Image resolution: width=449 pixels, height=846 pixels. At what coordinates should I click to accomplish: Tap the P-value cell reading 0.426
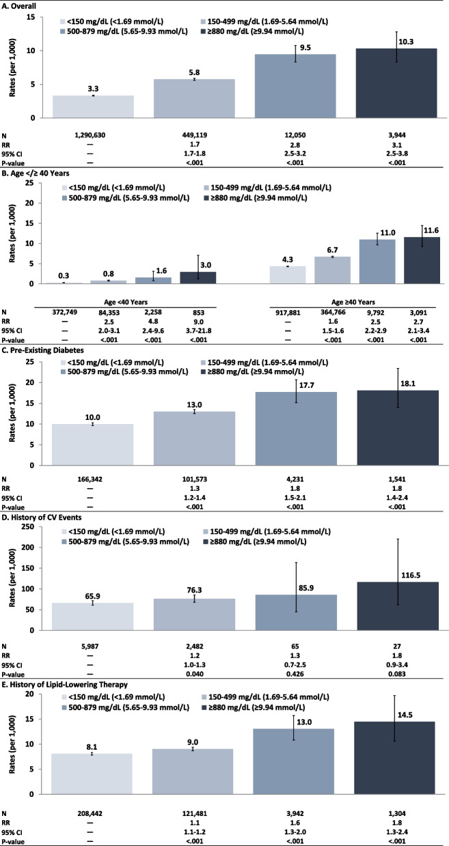coord(296,668)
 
